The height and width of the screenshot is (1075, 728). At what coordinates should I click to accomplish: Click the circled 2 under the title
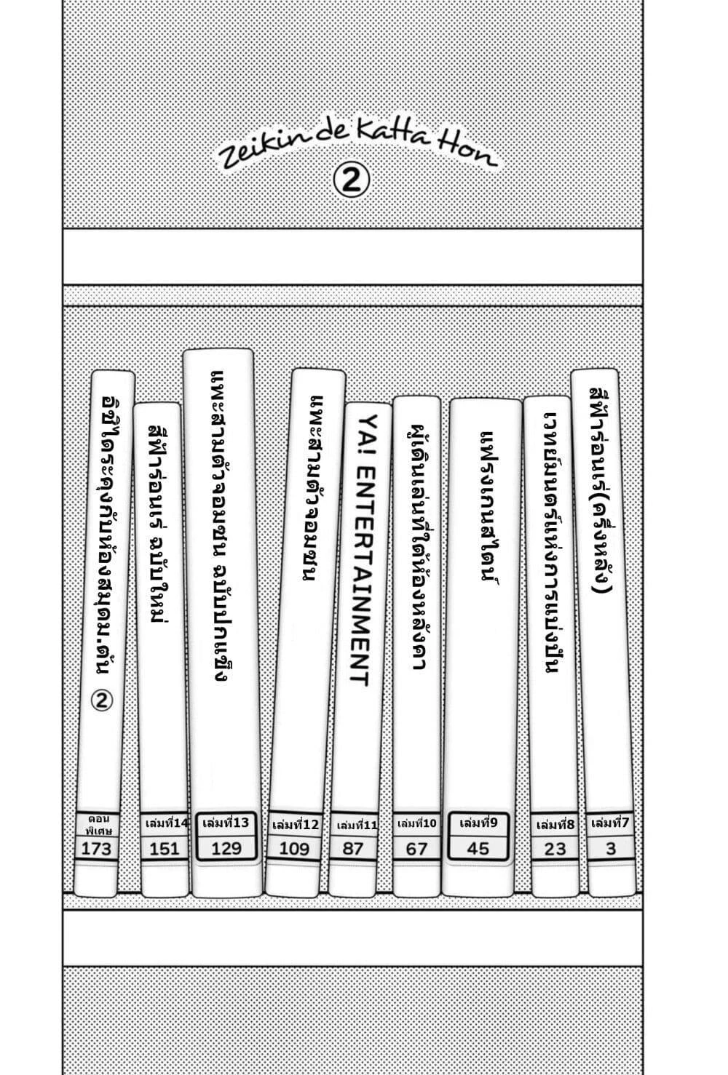(x=351, y=181)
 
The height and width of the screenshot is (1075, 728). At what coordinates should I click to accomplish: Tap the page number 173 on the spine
(x=97, y=847)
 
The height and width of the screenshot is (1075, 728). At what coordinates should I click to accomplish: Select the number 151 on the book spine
(x=164, y=848)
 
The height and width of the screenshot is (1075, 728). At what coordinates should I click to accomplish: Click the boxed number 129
(x=226, y=847)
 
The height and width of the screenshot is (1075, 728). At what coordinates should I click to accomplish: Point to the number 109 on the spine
(x=294, y=848)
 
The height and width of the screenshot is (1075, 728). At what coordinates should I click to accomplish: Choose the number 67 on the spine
(x=416, y=848)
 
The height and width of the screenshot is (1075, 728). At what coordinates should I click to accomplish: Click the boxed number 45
(x=478, y=848)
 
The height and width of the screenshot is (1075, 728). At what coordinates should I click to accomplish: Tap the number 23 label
(x=555, y=848)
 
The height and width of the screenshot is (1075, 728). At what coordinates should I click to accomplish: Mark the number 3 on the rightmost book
(x=611, y=848)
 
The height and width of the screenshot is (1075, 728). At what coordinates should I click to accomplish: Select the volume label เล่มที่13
(x=226, y=823)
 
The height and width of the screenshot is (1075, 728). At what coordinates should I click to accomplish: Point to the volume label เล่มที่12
(x=295, y=825)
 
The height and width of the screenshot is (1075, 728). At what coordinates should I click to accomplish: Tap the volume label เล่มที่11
(x=357, y=826)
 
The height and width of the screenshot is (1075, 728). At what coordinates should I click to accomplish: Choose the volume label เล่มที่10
(x=417, y=824)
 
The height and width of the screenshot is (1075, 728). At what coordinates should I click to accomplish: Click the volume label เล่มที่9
(x=478, y=823)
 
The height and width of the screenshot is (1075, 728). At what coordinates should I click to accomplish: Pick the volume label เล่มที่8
(x=555, y=825)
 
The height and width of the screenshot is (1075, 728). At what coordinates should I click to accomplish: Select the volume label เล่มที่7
(x=610, y=823)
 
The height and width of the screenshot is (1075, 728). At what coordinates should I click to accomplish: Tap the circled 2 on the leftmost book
(x=103, y=700)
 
